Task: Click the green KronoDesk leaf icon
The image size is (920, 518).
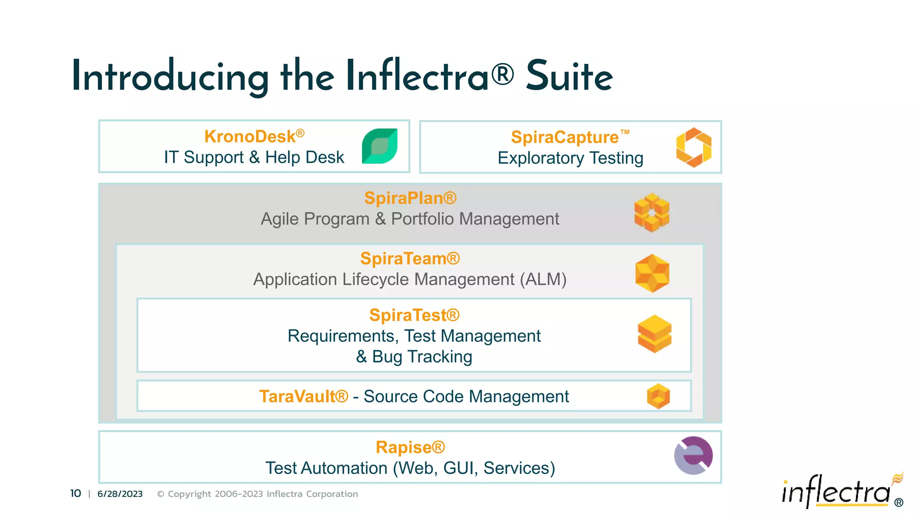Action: tap(380, 146)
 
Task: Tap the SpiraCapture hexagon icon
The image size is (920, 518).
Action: tap(694, 147)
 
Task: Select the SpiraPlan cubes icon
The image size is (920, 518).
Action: tap(652, 212)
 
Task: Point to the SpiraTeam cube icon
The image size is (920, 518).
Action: tap(652, 273)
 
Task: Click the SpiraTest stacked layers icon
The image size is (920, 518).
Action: tap(655, 334)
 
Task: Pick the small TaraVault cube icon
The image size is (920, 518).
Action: tap(658, 396)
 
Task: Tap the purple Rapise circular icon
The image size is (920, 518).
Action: tap(693, 455)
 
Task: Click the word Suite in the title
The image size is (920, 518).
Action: tap(569, 76)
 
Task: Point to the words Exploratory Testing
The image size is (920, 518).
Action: tap(570, 158)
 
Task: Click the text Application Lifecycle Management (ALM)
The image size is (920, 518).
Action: tap(410, 279)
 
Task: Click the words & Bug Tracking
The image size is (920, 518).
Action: tap(414, 357)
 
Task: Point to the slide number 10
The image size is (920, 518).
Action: tap(75, 494)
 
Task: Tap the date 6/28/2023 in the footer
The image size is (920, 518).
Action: tap(120, 494)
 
